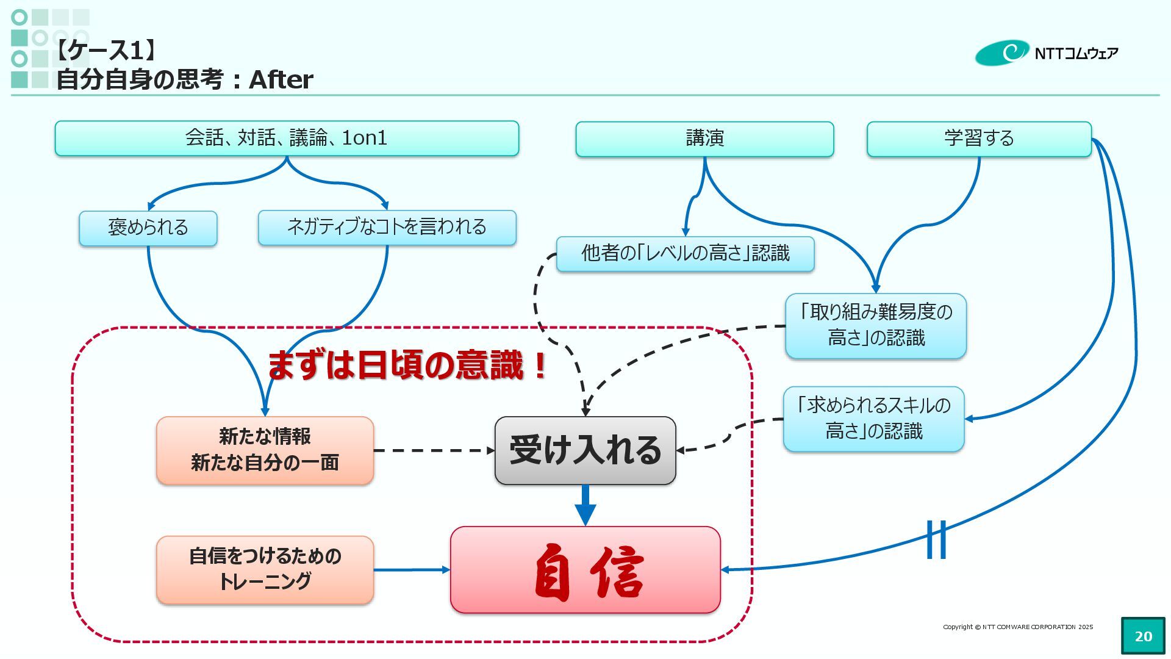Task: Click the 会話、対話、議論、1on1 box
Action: pos(287,139)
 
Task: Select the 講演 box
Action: pos(704,139)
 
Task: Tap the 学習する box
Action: pos(979,139)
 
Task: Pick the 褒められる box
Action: pos(148,228)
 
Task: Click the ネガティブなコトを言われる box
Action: pos(387,228)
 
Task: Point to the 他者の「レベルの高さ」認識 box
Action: pos(685,254)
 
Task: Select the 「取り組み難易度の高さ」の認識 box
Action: pos(876,326)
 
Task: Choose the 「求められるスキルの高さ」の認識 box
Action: pos(874,419)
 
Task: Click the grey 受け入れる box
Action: pos(585,450)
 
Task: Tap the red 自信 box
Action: pos(585,570)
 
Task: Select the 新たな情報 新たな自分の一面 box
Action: pos(265,450)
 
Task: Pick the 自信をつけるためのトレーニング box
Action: pos(265,570)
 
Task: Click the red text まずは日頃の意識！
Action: pos(407,366)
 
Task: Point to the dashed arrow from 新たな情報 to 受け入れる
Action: pos(433,450)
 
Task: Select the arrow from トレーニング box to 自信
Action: pos(412,570)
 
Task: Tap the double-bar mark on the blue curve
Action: pos(936,539)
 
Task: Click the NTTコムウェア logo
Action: pos(1047,53)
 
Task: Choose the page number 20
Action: pos(1143,636)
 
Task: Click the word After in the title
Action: pos(281,80)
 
